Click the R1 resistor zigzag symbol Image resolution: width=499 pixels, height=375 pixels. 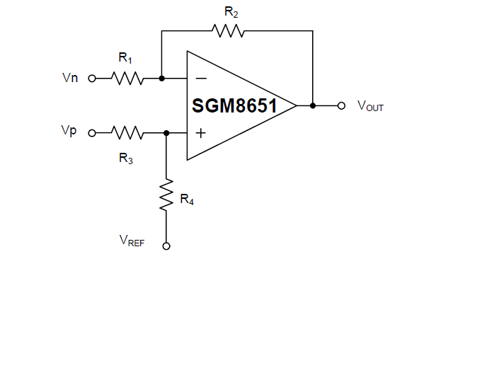click(128, 79)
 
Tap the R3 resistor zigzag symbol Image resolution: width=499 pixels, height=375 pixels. click(128, 132)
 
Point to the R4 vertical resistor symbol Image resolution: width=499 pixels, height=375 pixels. click(166, 195)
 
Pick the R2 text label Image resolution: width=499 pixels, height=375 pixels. click(231, 11)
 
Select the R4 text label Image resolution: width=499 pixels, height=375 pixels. click(187, 200)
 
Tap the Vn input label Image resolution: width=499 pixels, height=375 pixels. click(70, 78)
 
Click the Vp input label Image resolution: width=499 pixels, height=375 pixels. click(69, 132)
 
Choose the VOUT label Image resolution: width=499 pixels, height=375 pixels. click(370, 106)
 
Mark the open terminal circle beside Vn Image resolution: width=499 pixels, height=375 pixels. click(91, 79)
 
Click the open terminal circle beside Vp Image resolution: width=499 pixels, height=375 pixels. click(91, 132)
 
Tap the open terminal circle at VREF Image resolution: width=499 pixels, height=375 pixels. click(166, 246)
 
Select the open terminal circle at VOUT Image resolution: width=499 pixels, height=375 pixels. click(341, 105)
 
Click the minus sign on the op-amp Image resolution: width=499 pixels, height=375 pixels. click(201, 78)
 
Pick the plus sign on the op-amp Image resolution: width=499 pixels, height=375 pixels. click(201, 132)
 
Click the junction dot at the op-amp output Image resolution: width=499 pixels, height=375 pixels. click(312, 105)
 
